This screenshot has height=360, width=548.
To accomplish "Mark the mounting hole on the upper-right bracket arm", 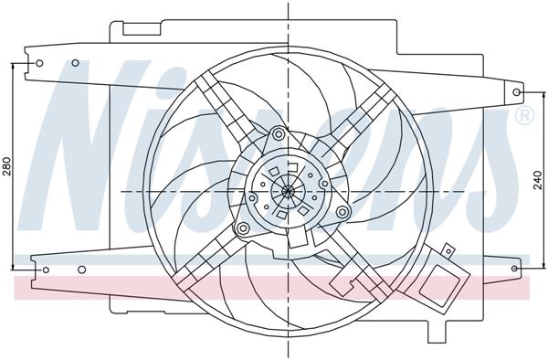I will (x=517, y=92).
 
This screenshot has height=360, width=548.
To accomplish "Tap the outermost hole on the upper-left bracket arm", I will (x=39, y=63).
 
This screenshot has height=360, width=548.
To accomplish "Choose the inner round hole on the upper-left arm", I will (x=76, y=63).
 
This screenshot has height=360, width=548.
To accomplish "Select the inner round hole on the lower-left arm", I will (x=82, y=270).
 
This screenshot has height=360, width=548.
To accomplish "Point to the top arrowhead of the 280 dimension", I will (x=13, y=67).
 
